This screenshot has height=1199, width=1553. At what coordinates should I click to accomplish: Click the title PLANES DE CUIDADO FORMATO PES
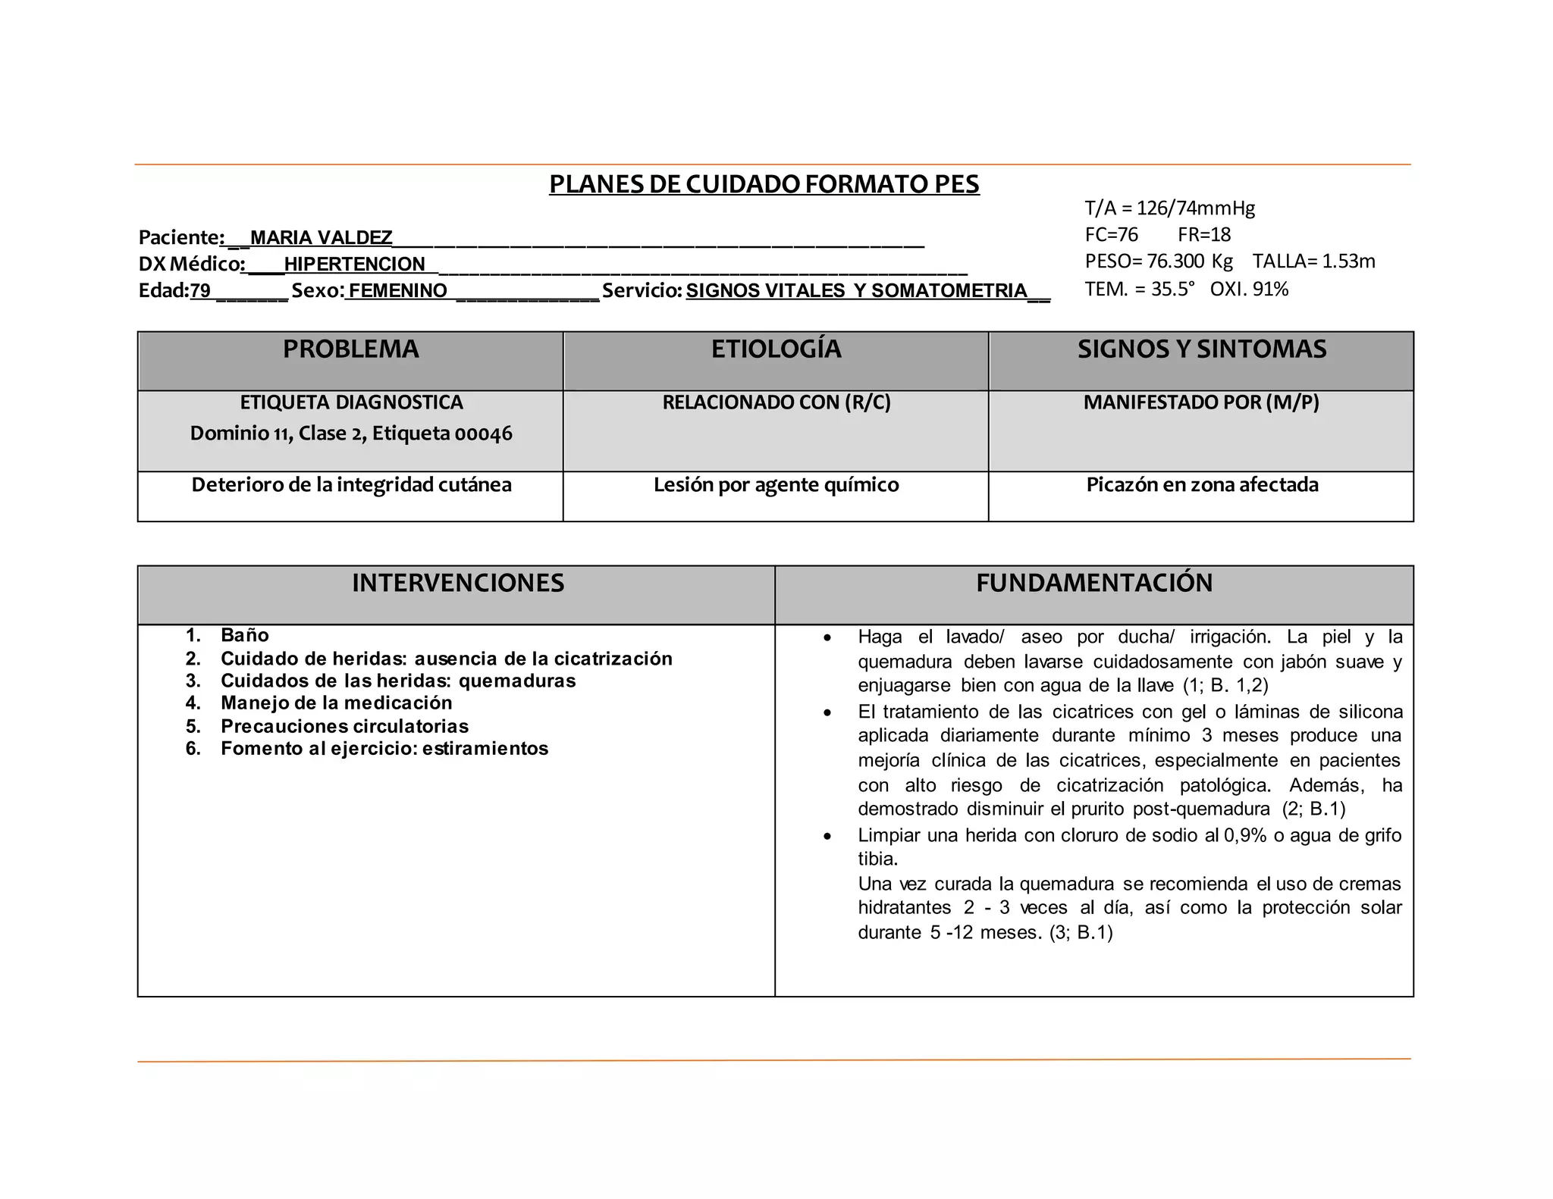[764, 184]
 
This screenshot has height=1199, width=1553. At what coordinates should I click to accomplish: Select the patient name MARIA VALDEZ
[321, 238]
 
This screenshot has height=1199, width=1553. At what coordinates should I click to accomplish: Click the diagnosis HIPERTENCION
[354, 265]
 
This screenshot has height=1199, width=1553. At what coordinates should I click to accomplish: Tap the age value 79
[200, 291]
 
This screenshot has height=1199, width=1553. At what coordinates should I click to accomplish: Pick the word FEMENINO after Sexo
[398, 291]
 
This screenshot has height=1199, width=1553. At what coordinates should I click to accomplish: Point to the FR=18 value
[1204, 235]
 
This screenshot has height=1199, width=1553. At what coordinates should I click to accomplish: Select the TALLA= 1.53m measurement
[1313, 261]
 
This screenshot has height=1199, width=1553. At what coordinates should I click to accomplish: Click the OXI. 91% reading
[1249, 290]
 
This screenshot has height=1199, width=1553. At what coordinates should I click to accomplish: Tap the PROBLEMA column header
[350, 349]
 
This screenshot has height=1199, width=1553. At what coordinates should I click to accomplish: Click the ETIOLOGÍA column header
[776, 349]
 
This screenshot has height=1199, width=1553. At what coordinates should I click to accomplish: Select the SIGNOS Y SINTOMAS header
[1202, 349]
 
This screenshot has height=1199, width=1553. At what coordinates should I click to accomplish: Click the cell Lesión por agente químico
[776, 485]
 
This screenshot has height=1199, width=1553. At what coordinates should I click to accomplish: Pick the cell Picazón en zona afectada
[1202, 485]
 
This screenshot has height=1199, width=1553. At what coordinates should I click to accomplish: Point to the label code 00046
[483, 434]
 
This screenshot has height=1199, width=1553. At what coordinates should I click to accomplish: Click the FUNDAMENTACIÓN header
[1093, 583]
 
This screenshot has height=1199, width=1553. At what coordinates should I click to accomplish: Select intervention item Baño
[244, 635]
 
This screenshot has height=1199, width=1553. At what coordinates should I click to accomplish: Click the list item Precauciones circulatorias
[344, 726]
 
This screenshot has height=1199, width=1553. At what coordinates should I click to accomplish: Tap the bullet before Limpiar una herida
[827, 837]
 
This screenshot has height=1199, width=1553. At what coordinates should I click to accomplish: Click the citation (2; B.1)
[1313, 809]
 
